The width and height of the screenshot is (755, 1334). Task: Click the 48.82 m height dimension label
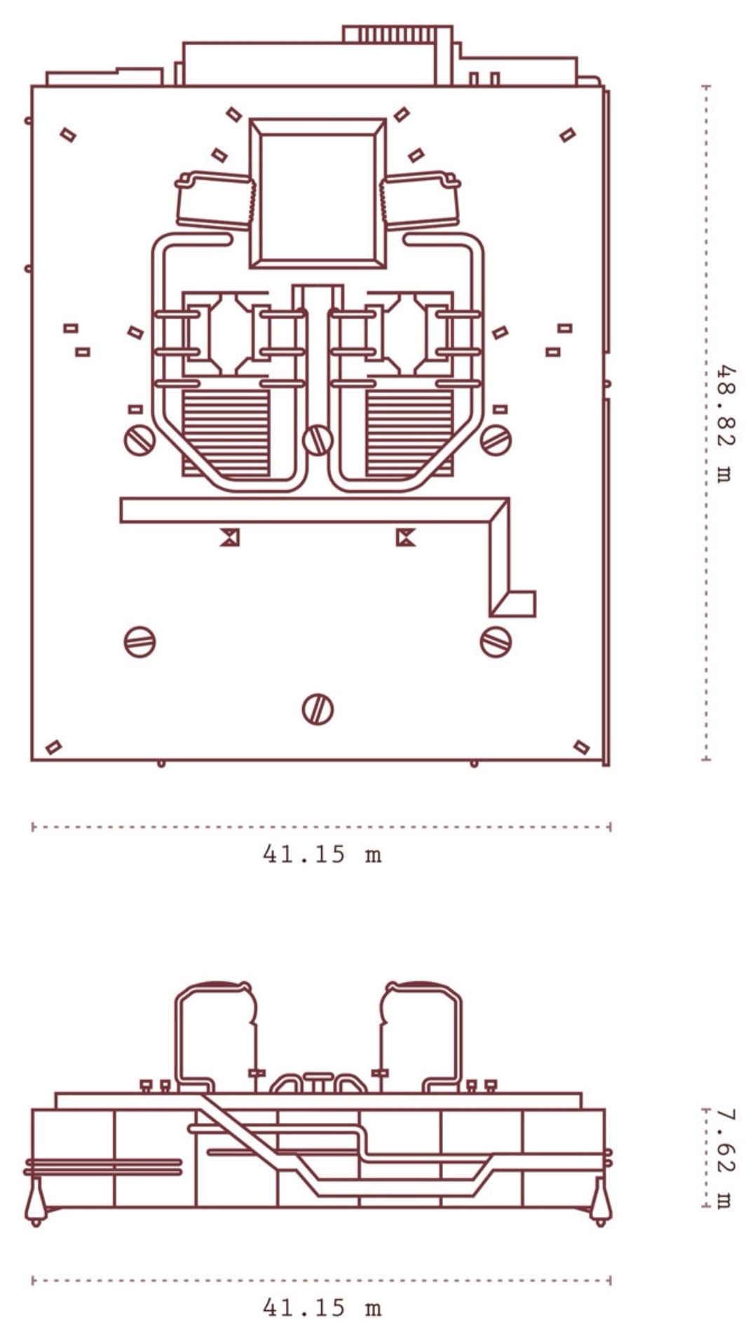[723, 422]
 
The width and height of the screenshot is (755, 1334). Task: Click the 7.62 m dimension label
[723, 1158]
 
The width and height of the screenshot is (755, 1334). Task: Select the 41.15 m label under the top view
[322, 854]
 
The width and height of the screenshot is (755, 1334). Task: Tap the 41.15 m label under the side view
[322, 1307]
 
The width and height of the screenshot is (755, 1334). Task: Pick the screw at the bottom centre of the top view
[318, 709]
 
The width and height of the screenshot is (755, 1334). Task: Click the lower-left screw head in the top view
[140, 642]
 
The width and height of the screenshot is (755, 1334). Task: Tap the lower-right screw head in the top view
[496, 642]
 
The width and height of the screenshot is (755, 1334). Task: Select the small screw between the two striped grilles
[318, 440]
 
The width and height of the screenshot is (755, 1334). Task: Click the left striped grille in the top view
[226, 433]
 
